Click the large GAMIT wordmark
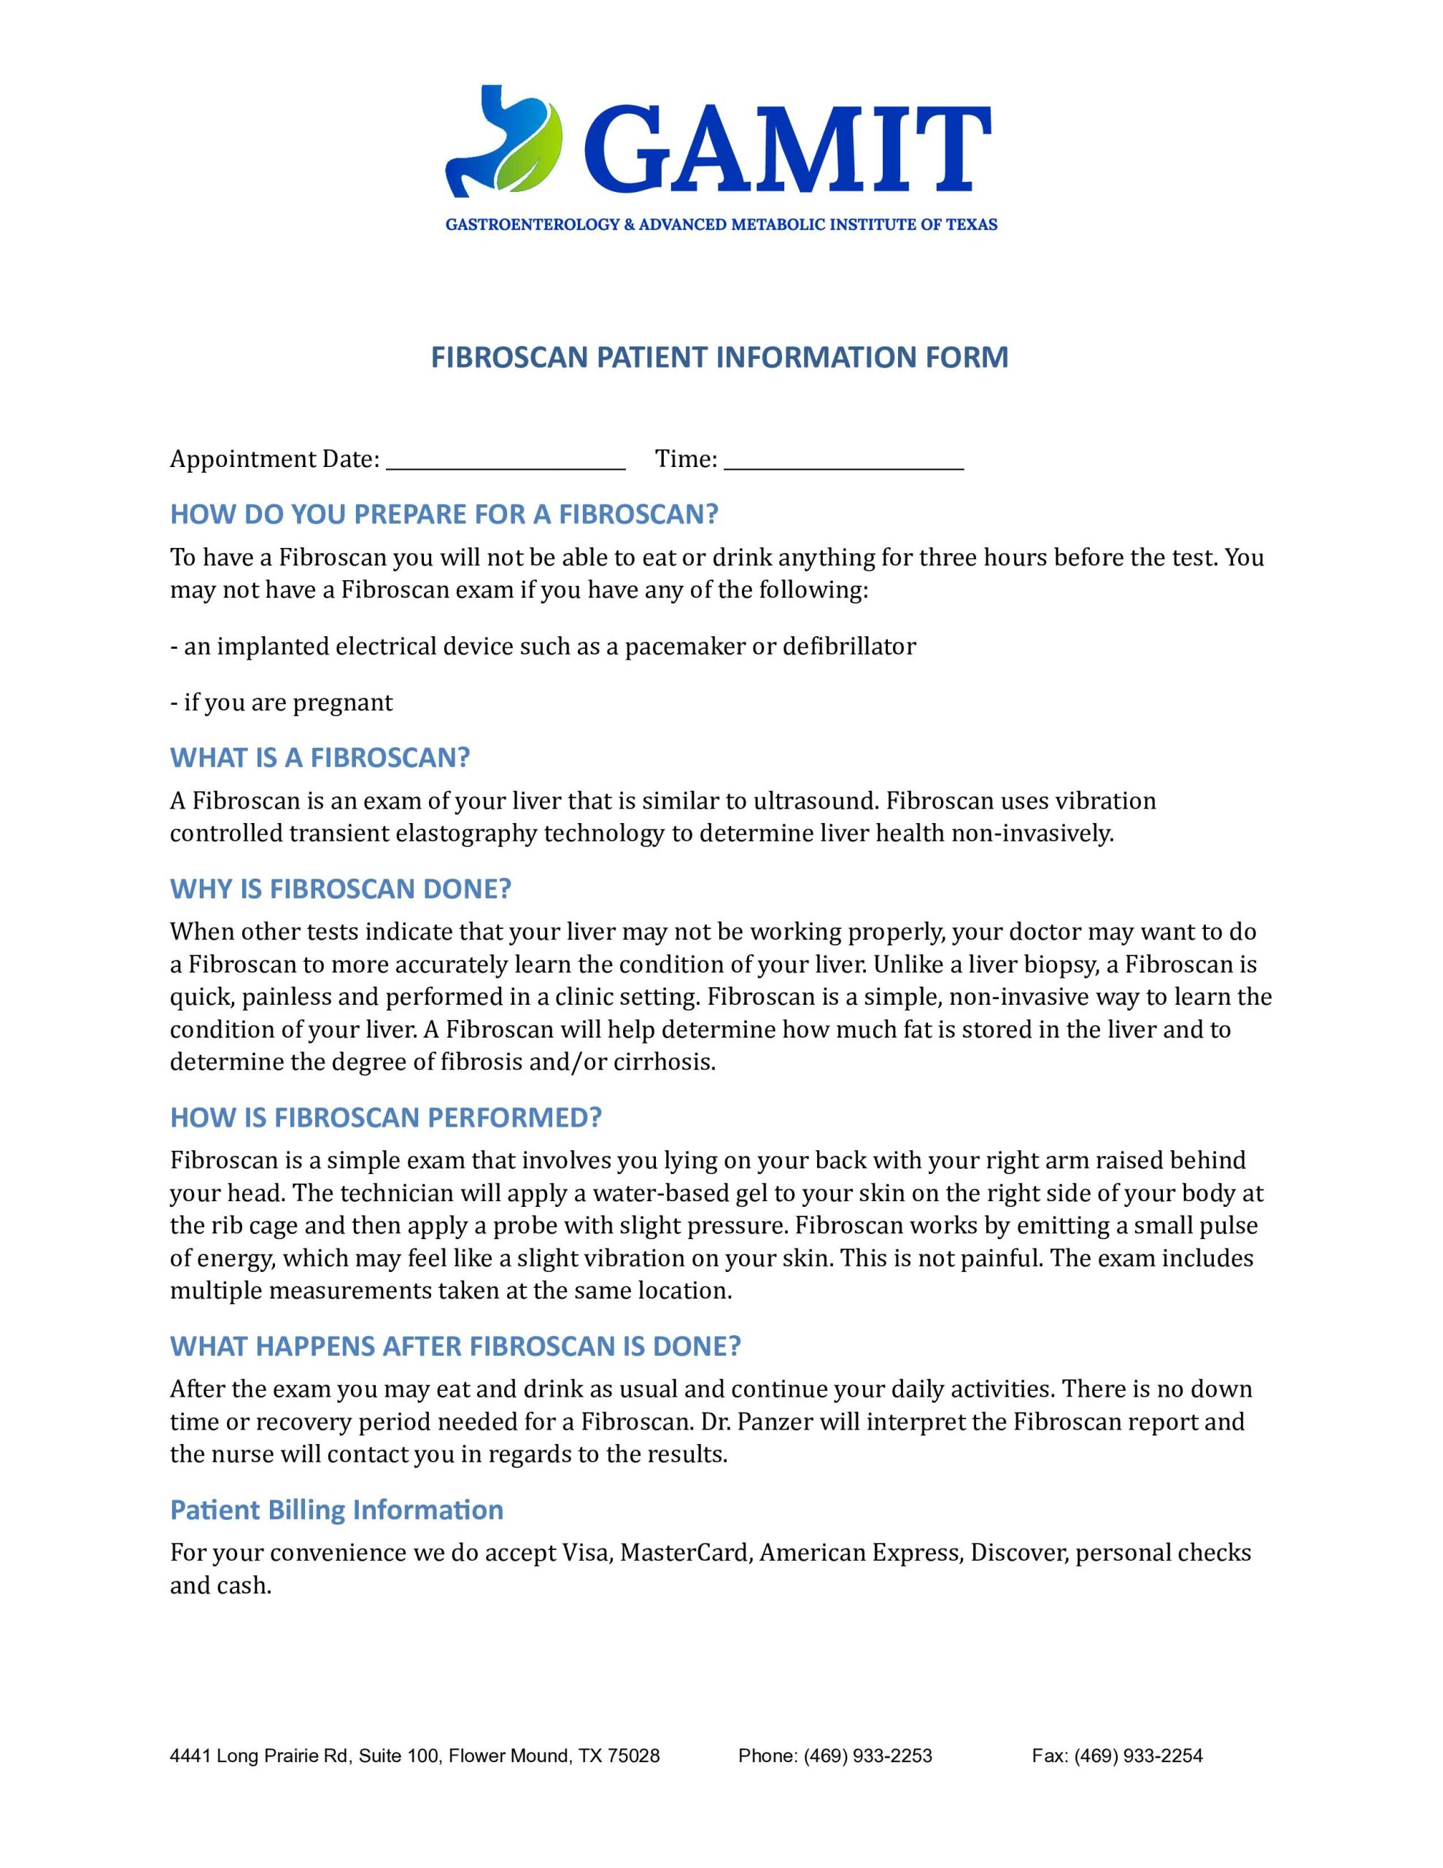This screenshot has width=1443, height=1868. point(787,150)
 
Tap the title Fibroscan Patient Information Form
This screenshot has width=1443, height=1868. point(719,357)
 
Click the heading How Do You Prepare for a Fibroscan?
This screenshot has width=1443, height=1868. point(444,514)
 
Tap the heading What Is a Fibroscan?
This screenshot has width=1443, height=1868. point(320,758)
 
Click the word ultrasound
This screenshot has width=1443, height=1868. point(814,801)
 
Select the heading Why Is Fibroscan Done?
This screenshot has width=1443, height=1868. point(341,889)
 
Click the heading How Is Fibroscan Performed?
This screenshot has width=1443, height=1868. point(386,1117)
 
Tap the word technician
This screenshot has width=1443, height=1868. point(397,1193)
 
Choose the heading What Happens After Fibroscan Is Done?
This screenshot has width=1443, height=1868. point(455,1346)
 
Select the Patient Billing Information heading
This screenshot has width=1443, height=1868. point(337,1510)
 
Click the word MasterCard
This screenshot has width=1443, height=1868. point(684,1552)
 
